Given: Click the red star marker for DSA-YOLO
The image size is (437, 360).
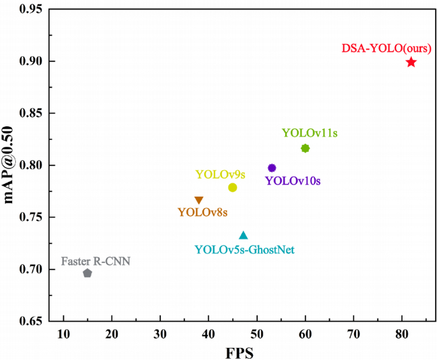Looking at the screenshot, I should point(411,62).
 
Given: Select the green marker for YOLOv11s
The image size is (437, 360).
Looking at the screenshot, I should point(305,148).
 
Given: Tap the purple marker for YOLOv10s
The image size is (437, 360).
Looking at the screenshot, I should point(272,168).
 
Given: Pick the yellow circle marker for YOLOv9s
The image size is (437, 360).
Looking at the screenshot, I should point(232,187).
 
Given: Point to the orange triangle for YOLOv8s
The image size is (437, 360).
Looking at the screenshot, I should point(199,200).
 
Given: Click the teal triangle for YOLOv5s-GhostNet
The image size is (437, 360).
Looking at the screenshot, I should point(243,235).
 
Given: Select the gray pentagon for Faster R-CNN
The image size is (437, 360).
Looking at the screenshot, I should point(87,273).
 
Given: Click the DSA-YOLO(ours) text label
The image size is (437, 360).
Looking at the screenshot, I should point(387,48).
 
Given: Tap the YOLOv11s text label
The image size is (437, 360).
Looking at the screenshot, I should point(309,133).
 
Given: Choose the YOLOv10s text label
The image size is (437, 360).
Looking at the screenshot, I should point(293,181).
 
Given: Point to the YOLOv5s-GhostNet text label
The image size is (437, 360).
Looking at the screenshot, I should point(244,250).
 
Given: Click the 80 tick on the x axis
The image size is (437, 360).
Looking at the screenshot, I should point(401,334).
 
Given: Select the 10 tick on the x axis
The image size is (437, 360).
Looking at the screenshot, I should point(63,334).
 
